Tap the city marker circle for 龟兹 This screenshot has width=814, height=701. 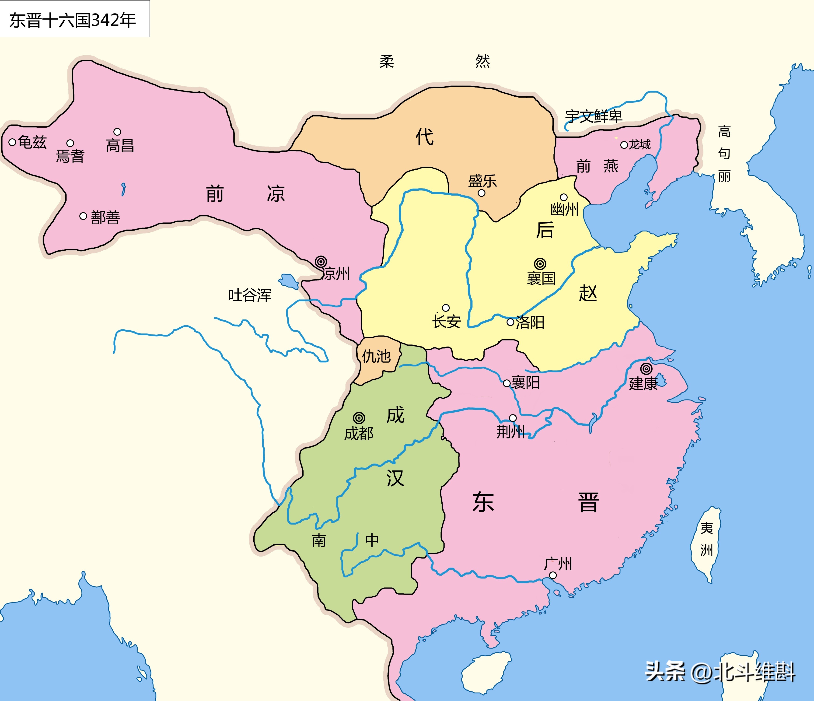pyautogui.click(x=12, y=142)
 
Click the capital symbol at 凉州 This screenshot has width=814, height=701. pyautogui.click(x=321, y=261)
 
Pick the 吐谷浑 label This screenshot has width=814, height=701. pyautogui.click(x=250, y=295)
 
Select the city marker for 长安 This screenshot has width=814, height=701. pyautogui.click(x=446, y=308)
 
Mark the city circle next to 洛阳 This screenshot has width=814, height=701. pyautogui.click(x=510, y=322)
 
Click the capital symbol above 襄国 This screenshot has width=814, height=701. pyautogui.click(x=540, y=263)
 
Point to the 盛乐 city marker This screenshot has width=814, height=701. pyautogui.click(x=482, y=193)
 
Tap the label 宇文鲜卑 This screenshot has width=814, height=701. pyautogui.click(x=594, y=116)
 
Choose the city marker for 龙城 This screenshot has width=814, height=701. pyautogui.click(x=624, y=145)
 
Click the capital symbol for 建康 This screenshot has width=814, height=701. pyautogui.click(x=646, y=368)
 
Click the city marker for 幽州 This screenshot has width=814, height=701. pyautogui.click(x=564, y=197)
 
